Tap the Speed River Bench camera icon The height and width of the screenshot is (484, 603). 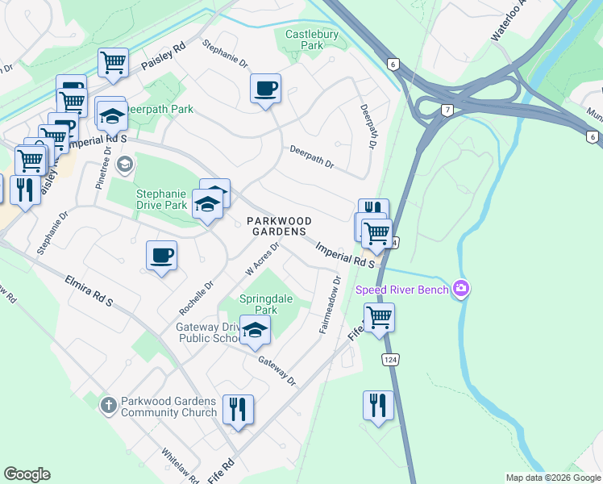(x=461, y=288)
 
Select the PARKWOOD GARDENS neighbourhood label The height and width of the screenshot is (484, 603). (x=278, y=226)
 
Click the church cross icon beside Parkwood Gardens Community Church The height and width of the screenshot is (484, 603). (x=109, y=406)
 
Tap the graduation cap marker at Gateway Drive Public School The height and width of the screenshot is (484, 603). (x=255, y=331)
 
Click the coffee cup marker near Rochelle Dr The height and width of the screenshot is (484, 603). (x=161, y=256)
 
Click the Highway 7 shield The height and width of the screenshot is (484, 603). (x=446, y=110)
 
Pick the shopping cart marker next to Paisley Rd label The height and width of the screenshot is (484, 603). (x=114, y=62)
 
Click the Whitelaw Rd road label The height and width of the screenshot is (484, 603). (x=180, y=466)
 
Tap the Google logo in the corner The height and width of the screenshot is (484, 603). (x=27, y=474)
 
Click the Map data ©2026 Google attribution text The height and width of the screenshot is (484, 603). (x=553, y=478)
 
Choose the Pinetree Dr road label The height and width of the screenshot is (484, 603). (x=103, y=168)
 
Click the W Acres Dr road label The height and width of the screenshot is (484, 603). (x=263, y=258)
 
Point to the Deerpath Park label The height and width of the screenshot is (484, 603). (x=161, y=108)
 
